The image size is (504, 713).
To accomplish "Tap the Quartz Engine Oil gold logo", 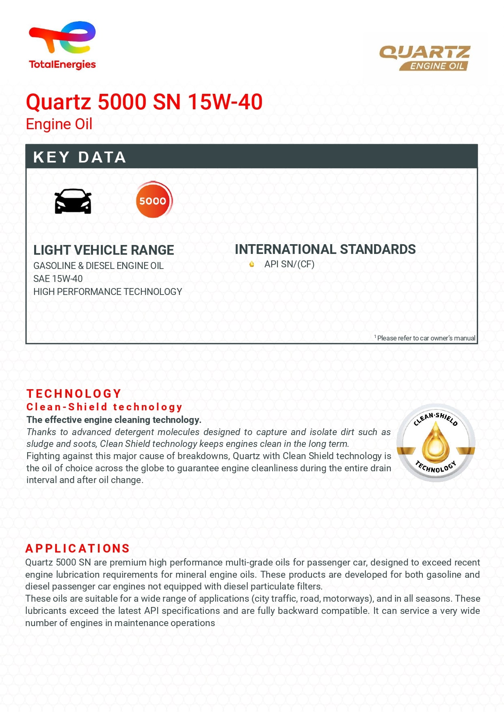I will pos(424,58).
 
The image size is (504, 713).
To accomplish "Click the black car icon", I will pos(73,201).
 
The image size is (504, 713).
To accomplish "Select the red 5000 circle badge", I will pos(154,200).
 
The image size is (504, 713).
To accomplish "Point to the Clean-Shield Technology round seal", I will pos(436,443).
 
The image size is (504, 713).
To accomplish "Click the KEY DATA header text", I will pos(80,157).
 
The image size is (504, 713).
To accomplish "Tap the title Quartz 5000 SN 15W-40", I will pos(144,102).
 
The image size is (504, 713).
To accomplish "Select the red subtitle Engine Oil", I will pos(59,124).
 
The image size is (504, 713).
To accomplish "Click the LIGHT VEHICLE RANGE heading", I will pos(104,250).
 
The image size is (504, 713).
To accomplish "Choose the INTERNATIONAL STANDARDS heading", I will pos(325,249).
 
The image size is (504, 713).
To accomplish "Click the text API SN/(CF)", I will pos(289,264).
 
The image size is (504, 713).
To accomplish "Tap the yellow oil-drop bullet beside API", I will pos(252,264).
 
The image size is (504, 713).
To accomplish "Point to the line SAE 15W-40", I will pos(58,279).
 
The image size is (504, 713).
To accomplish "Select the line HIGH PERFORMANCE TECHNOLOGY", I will pos(108,292).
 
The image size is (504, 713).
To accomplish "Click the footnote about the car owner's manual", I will pos(425,338).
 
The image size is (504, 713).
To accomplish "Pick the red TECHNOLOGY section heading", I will pos(74,394).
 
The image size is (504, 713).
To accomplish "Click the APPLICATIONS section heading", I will pos(78,548).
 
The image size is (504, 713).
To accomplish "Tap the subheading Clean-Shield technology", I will pos(104,407).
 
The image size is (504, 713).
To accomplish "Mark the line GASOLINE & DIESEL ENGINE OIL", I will pos(98,266).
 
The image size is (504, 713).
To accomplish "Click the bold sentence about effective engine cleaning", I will pos(114,420).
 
